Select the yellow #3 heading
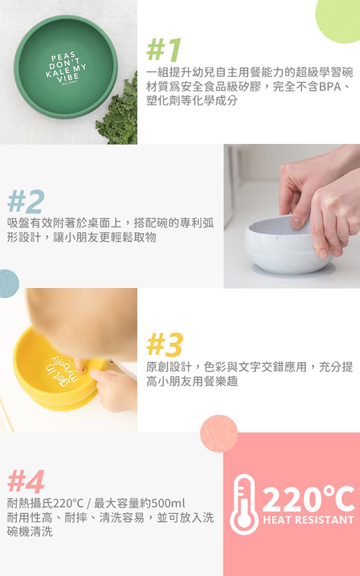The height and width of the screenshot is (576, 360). [x=165, y=345]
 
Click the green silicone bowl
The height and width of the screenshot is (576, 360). [x=66, y=66]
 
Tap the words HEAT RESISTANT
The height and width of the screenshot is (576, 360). [x=308, y=520]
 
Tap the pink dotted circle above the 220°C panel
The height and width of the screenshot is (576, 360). [x=219, y=433]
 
